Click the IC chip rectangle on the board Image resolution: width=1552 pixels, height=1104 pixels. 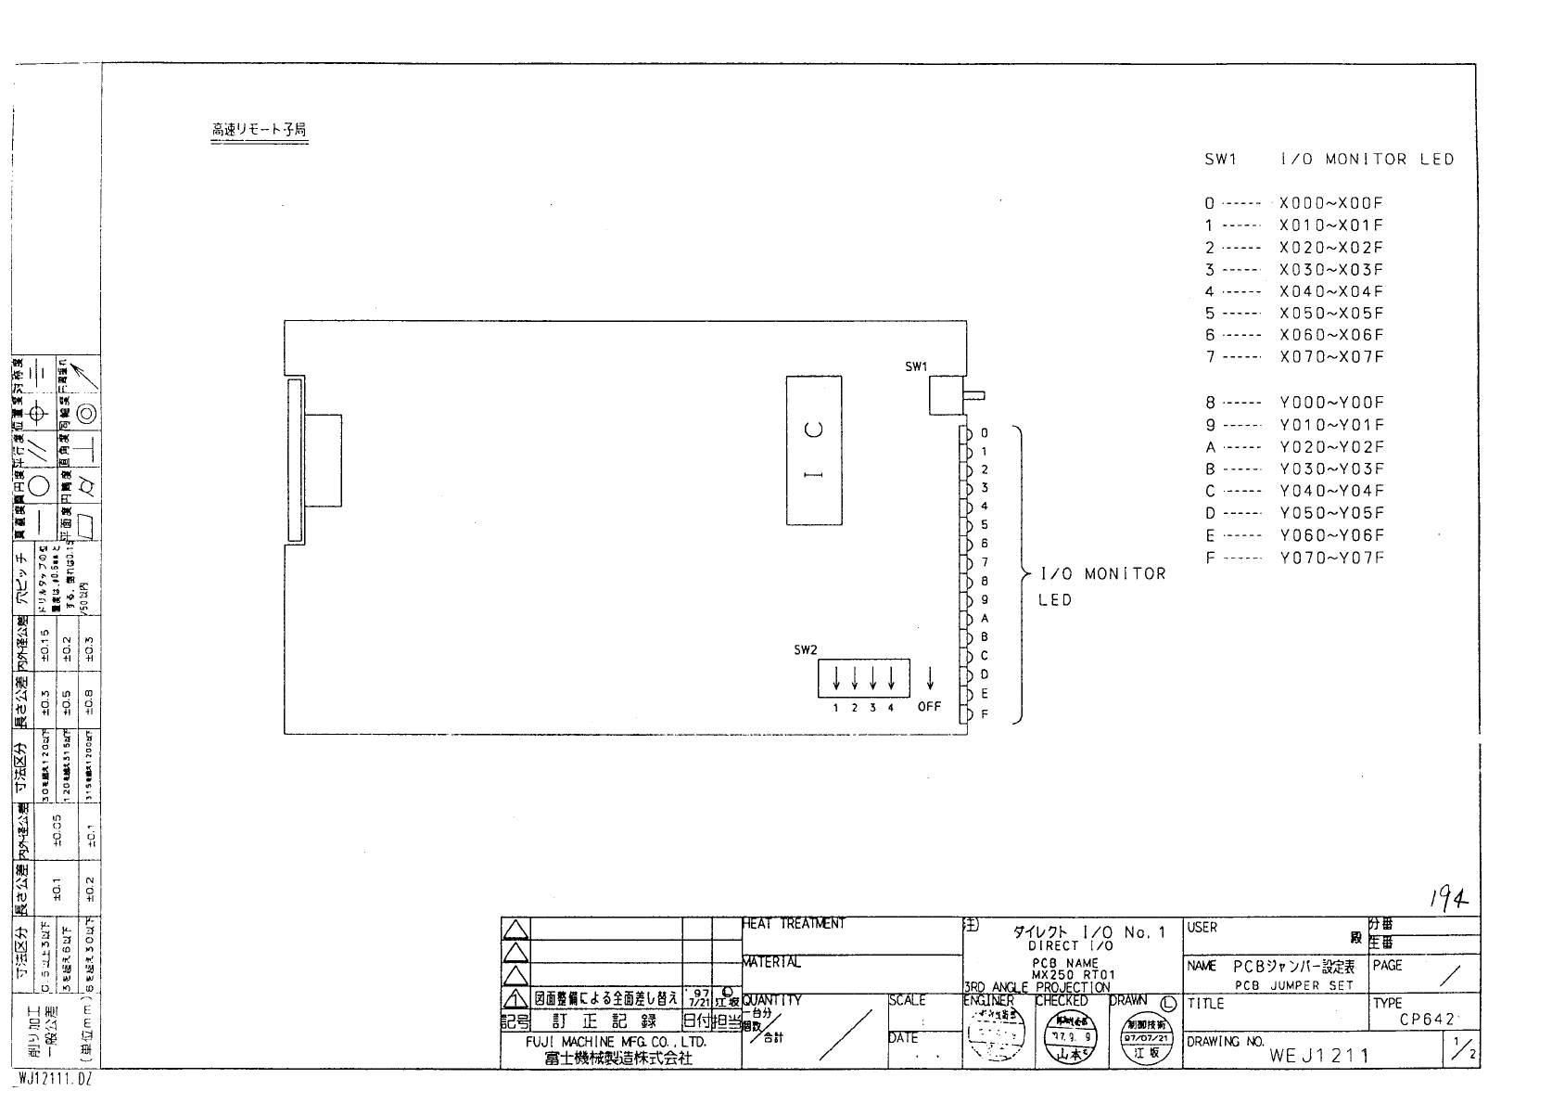click(x=813, y=450)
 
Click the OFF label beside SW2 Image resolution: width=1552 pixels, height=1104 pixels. click(x=929, y=707)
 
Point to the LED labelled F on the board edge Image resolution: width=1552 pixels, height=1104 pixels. click(x=966, y=714)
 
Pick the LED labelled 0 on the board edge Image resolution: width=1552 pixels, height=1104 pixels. click(x=966, y=433)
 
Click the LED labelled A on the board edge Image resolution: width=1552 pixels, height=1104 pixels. click(x=966, y=619)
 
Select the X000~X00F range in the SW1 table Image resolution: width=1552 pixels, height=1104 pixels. click(x=1330, y=203)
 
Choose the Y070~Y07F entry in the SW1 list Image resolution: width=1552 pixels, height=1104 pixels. click(x=1331, y=558)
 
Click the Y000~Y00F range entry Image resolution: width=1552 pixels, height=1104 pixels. click(x=1331, y=403)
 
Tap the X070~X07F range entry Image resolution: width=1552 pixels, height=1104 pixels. click(x=1330, y=357)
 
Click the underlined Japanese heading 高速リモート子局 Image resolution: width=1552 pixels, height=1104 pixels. click(x=259, y=131)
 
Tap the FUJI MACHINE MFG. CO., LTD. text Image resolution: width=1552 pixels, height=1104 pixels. click(x=616, y=1042)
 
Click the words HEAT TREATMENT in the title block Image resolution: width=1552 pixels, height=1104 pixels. click(x=794, y=924)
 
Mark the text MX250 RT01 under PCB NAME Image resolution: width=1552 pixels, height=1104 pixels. click(x=1073, y=975)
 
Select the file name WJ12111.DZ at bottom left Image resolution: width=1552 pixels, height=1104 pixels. click(x=54, y=1080)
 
